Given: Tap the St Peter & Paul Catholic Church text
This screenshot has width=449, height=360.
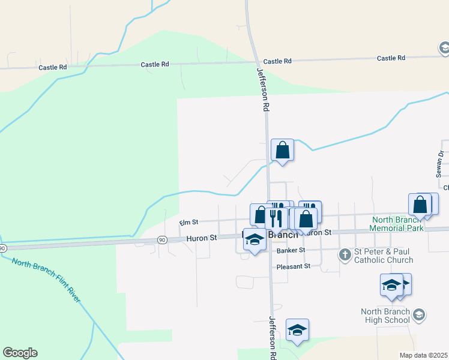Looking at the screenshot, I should [384, 256].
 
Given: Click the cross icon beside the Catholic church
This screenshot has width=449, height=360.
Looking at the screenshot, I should [345, 255].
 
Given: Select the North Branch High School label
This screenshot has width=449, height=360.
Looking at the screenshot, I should [385, 316].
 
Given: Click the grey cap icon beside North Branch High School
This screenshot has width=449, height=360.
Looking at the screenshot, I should [419, 314].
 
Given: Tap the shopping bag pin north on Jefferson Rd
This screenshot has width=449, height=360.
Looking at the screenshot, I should [282, 151].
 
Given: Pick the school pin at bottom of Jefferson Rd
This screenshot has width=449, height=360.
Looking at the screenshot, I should [297, 331].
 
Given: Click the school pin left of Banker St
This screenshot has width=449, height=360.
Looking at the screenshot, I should [255, 240].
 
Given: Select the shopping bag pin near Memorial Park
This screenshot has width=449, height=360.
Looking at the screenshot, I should [420, 205].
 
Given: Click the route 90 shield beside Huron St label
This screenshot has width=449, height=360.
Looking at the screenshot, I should [162, 240].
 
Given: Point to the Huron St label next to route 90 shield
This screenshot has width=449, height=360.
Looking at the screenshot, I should [201, 238].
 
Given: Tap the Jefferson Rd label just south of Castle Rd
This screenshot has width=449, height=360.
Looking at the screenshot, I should [262, 89].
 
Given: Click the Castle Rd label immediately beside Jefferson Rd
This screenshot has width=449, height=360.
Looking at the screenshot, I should [277, 61].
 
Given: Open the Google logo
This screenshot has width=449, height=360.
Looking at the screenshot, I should [20, 353].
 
